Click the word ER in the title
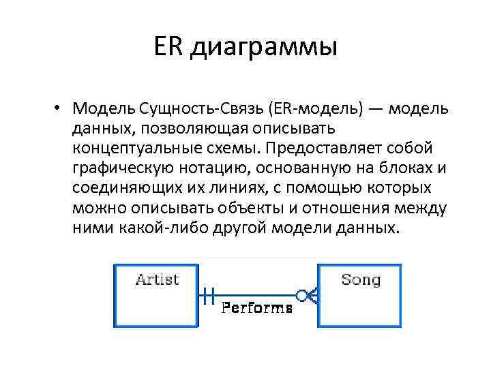[168, 48]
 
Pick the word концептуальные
[136, 149]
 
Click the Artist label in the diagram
[157, 279]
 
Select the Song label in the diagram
[360, 279]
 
